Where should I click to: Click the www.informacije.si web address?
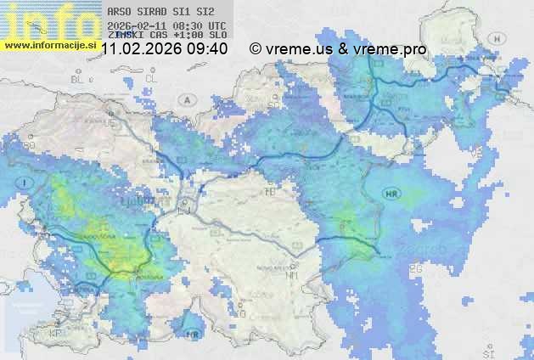[48, 45]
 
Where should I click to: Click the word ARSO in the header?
[119, 13]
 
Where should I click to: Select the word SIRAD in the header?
[152, 13]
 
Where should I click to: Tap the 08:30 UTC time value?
[199, 25]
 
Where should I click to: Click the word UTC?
[216, 25]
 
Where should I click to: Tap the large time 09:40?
[207, 49]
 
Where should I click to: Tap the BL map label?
[78, 79]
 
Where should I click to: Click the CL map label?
[151, 78]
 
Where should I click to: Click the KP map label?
[56, 334]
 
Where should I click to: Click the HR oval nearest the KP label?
[194, 334]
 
